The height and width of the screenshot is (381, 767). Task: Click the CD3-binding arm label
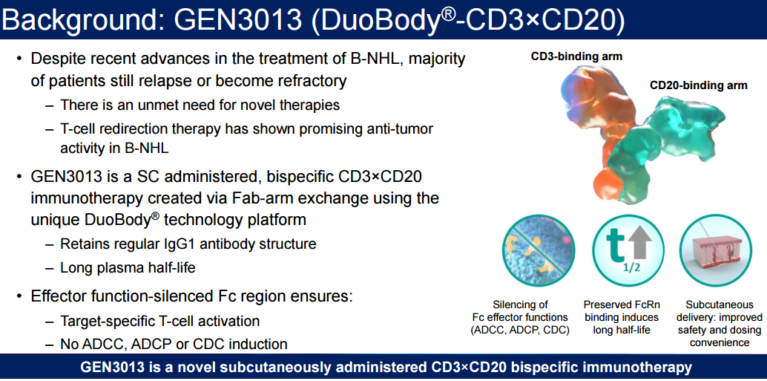tap(576, 56)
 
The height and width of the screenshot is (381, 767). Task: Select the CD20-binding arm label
tap(698, 85)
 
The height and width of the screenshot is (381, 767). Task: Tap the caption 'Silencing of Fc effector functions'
tap(520, 317)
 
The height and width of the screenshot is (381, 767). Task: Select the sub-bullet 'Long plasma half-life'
tap(128, 268)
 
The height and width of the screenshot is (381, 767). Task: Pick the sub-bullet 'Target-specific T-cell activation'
tap(159, 321)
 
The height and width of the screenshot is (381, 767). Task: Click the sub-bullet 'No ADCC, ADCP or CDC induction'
tap(174, 344)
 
